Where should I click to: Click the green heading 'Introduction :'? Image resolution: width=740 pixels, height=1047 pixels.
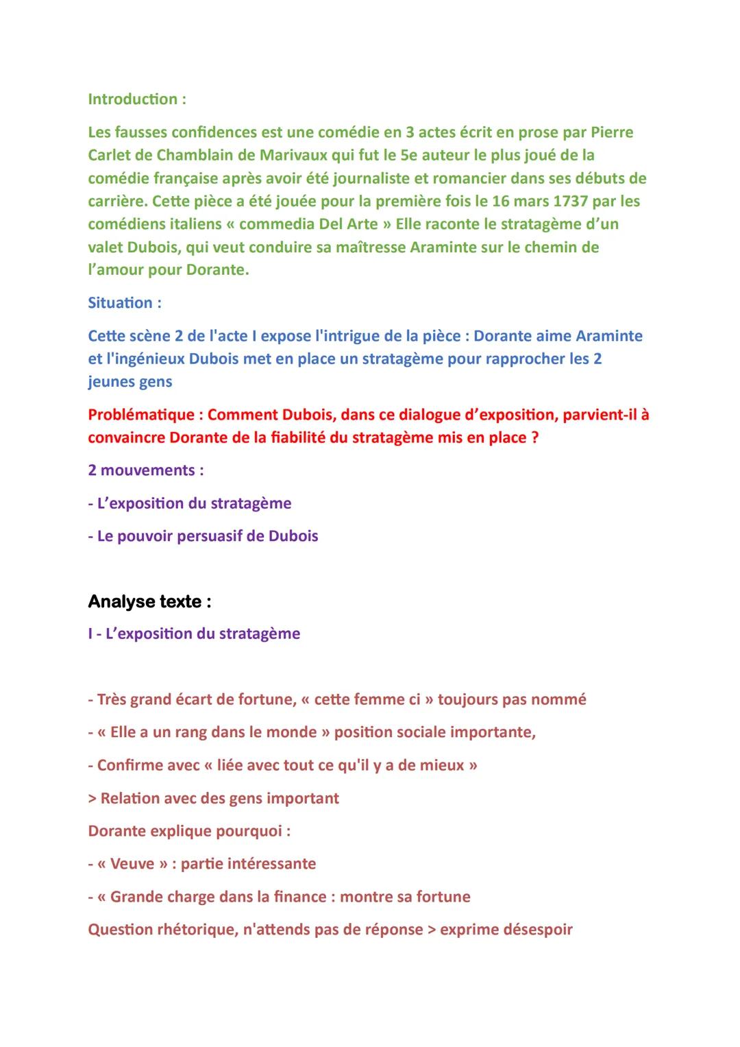(x=137, y=99)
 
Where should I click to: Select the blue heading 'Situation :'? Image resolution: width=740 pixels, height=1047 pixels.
(x=125, y=302)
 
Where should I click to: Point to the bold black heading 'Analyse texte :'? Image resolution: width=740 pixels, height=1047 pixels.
(x=149, y=602)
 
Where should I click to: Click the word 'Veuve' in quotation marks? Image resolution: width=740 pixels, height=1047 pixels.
(x=132, y=864)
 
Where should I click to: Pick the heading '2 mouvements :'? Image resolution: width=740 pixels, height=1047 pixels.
(x=146, y=470)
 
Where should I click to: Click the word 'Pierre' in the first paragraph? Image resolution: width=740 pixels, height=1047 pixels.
(x=611, y=132)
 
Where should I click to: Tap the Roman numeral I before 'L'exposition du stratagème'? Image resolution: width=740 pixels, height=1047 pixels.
(x=90, y=634)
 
